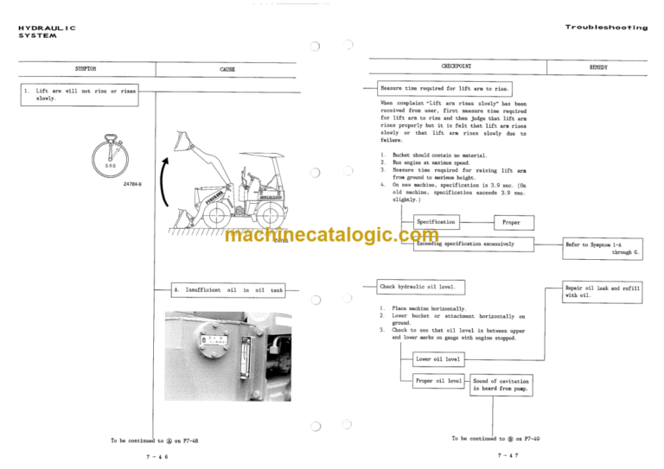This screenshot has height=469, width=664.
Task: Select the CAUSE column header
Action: point(227,69)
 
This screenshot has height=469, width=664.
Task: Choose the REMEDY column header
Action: point(598,67)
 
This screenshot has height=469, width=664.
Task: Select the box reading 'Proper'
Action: point(512,222)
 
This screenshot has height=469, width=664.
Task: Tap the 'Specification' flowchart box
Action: point(437,222)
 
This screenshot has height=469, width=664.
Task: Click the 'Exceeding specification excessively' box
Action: point(466,244)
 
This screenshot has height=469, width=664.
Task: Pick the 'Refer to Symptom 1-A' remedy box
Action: point(602,249)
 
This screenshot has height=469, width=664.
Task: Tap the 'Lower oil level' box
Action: point(439,358)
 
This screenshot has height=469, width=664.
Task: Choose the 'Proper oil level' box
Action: point(438,381)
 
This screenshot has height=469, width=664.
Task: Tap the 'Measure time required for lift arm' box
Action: point(446,88)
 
